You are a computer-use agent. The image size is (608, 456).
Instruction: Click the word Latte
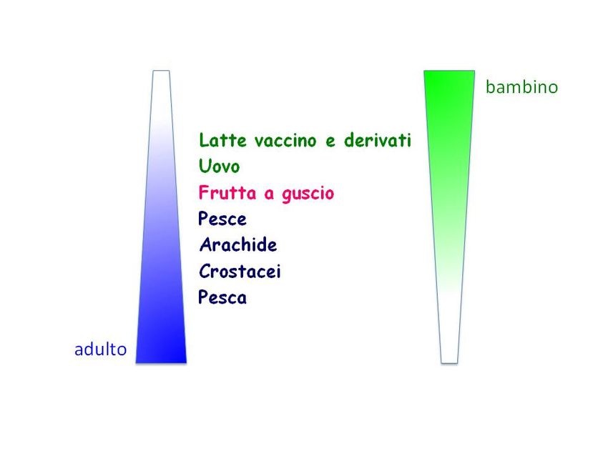click(222, 140)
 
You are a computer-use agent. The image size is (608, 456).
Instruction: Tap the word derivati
click(378, 139)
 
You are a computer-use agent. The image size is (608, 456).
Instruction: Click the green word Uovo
click(219, 167)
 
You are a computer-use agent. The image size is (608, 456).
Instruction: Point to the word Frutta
click(227, 192)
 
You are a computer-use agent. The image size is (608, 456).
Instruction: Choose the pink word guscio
click(308, 193)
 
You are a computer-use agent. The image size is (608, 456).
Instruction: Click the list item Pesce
click(222, 219)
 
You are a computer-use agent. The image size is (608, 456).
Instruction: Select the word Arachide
click(238, 245)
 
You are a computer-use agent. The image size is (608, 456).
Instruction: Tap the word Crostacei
click(240, 271)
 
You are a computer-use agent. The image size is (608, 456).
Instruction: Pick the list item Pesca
click(222, 297)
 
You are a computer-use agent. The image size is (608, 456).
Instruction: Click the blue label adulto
click(100, 349)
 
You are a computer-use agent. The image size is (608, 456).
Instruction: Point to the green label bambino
click(521, 86)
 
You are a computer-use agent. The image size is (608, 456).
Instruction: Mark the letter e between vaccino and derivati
click(330, 142)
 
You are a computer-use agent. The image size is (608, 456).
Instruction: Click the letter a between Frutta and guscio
click(269, 194)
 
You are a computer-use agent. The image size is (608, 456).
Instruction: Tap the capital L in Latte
click(204, 140)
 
